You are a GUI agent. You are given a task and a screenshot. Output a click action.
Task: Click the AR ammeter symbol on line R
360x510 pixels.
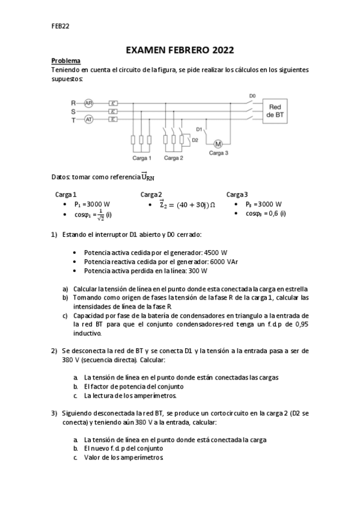click(88, 103)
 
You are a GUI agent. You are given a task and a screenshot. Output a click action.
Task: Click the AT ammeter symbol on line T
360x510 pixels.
click(88, 120)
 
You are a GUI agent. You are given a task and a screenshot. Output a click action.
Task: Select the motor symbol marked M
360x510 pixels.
click(218, 143)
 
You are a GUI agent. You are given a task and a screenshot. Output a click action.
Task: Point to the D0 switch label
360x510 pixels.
click(252, 96)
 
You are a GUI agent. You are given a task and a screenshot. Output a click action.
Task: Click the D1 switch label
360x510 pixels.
click(200, 129)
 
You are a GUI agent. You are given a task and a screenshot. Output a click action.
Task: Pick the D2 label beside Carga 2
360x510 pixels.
click(195, 140)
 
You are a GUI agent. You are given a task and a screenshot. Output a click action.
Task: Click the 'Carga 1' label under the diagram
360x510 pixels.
click(142, 158)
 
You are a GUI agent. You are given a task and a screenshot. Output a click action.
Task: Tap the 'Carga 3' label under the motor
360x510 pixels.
click(219, 153)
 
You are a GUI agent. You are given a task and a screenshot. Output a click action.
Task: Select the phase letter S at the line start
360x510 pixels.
click(73, 111)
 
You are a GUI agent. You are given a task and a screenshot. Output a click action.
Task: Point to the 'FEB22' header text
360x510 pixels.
click(60, 26)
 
